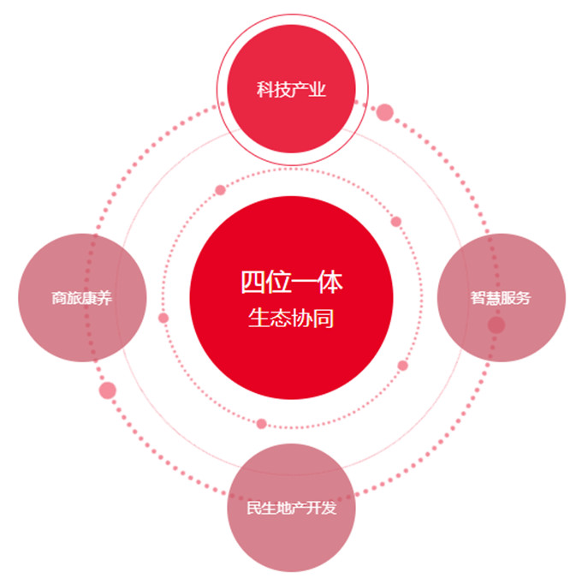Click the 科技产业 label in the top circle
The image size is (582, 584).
point(291,90)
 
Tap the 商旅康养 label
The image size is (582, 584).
point(81,298)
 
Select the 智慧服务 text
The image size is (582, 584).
point(501,298)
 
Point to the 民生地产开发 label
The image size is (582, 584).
point(292,508)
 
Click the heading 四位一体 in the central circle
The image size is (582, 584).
point(292,282)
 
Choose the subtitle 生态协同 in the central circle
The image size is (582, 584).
point(291,319)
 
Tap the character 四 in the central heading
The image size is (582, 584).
point(253,282)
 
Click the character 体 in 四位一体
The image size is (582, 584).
point(330,282)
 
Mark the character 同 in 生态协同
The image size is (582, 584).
point(324,319)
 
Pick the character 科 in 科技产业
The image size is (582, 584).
point(265,90)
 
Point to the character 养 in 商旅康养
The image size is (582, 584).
point(104,298)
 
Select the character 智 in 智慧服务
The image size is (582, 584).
point(478,298)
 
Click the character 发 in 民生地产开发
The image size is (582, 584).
point(330,508)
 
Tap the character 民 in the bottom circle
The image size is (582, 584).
point(254,508)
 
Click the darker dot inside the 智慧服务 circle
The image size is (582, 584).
point(496,325)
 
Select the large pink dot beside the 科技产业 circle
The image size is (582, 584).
point(384,112)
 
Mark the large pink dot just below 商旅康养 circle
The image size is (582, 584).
point(108,390)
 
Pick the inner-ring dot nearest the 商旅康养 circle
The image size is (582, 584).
point(163,318)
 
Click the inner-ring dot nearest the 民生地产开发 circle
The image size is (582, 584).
point(261,424)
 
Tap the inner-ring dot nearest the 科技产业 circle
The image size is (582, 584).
point(221,190)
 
